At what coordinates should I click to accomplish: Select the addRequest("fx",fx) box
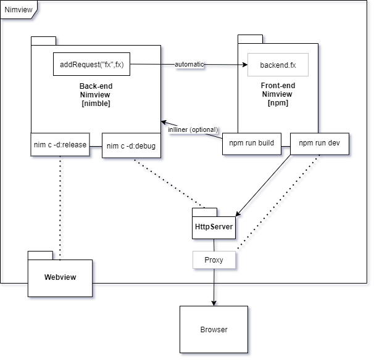91,64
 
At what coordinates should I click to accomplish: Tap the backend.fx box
278,65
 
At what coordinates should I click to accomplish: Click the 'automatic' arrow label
189,64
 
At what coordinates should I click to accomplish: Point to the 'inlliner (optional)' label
192,129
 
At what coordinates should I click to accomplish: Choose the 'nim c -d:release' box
60,145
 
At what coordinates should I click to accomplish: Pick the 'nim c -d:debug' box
131,146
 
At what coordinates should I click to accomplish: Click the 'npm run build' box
252,143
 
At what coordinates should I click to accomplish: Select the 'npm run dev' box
320,143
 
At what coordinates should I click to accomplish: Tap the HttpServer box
214,227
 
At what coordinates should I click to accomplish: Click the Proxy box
214,260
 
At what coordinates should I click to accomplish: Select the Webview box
60,277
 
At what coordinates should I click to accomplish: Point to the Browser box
214,330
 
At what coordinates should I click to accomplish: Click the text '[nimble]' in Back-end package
96,104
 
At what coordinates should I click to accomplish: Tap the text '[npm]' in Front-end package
278,103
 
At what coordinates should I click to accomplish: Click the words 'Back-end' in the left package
96,86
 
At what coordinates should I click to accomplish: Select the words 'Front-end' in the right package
278,86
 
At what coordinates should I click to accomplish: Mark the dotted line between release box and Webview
61,207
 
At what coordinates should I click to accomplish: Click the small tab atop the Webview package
40,255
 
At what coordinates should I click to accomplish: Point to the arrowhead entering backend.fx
236,65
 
